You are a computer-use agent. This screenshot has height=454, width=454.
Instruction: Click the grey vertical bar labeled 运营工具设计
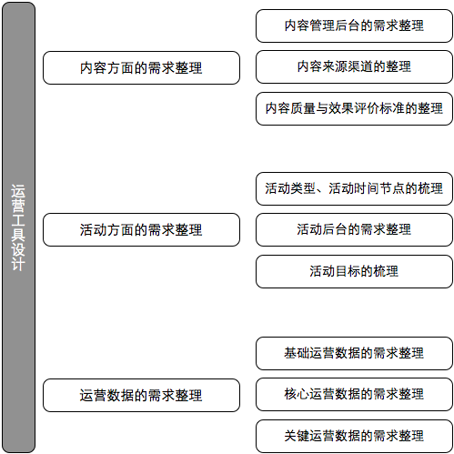(18, 227)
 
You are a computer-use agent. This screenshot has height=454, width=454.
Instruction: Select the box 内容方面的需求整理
(141, 67)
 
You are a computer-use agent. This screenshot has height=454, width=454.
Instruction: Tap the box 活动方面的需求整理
(141, 229)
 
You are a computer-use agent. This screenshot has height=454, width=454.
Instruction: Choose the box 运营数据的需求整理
(141, 395)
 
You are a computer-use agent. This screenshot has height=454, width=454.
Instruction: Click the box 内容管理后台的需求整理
(354, 25)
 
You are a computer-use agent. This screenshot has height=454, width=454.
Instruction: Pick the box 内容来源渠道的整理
(354, 66)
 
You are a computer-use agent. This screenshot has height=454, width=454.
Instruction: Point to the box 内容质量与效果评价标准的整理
(354, 108)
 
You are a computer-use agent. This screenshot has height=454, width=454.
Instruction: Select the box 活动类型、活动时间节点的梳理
(354, 188)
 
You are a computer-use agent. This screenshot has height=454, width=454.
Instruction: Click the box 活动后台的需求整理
(354, 229)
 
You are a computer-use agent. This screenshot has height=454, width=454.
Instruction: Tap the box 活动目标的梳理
(354, 271)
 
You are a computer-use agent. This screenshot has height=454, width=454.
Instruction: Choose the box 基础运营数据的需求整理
(354, 353)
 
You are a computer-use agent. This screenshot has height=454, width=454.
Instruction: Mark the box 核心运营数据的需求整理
(354, 394)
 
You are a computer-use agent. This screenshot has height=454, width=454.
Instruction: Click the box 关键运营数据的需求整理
(354, 436)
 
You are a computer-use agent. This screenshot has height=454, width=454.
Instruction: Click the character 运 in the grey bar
(18, 191)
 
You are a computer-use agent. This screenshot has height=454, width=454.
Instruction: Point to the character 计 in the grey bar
(18, 264)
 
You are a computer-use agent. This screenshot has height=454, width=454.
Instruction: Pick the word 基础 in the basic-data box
(297, 353)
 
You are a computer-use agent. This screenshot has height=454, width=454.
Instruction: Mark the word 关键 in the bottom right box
(297, 436)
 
